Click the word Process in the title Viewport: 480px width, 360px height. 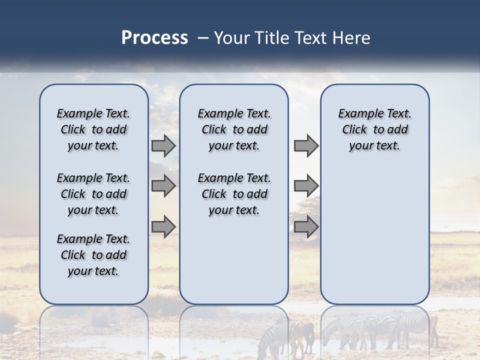tap(154, 38)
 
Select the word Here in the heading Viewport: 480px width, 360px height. tap(351, 38)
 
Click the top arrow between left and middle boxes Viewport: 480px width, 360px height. tap(163, 146)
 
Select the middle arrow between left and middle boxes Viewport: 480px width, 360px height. tap(163, 186)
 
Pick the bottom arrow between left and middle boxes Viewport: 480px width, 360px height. tap(163, 227)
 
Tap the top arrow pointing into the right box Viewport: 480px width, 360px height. tap(306, 146)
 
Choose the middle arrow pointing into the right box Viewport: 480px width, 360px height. tap(306, 186)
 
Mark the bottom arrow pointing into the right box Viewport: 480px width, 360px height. tap(306, 227)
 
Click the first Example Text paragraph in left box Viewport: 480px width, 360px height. tap(93, 129)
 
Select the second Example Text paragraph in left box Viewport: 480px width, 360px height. tap(93, 194)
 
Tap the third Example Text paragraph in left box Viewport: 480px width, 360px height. tap(93, 255)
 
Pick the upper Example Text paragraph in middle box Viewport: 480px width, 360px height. tap(234, 129)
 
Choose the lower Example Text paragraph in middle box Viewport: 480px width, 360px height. tap(234, 194)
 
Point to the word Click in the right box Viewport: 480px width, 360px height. tap(354, 130)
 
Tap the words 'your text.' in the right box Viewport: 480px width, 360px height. tap(374, 146)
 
